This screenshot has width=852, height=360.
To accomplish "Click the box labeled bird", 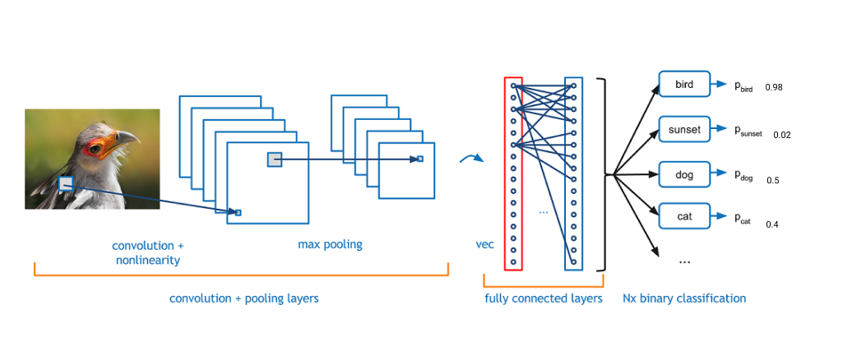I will [x=684, y=84].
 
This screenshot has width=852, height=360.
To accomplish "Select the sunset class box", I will [x=684, y=130].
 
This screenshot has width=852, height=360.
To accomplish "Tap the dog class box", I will [x=684, y=175].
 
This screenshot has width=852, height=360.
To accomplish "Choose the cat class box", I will [x=684, y=217].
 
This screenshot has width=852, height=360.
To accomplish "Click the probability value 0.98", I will [x=774, y=87].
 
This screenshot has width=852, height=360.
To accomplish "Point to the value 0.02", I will [x=782, y=135].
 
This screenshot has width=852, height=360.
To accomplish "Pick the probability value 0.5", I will [x=773, y=180].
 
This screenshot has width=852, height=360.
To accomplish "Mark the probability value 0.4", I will [x=772, y=224].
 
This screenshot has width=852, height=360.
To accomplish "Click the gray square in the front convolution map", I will [x=275, y=159].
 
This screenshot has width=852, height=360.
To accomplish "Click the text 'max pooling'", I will [x=330, y=245].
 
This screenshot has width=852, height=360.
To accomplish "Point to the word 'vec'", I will [x=484, y=245].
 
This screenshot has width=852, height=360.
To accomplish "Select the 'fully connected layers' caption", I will [x=544, y=298].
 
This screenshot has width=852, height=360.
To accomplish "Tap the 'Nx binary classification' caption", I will [x=684, y=298].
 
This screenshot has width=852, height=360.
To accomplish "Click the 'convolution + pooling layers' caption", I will [x=243, y=298].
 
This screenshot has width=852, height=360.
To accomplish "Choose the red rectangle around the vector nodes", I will [x=513, y=173].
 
